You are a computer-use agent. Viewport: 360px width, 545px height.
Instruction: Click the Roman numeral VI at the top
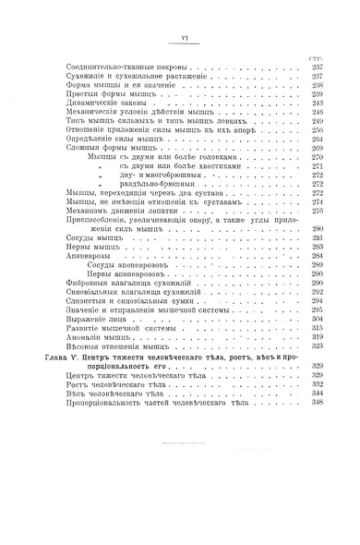click(183, 37)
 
